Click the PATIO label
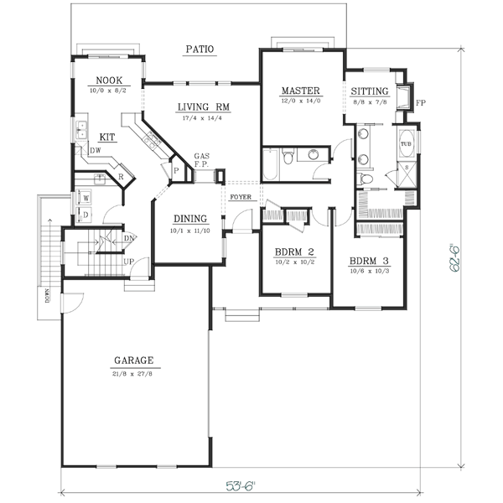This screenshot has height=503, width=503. click(x=200, y=50)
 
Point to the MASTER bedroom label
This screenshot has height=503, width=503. click(x=298, y=91)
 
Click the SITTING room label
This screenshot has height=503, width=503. click(x=368, y=91)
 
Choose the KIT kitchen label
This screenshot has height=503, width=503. click(x=107, y=137)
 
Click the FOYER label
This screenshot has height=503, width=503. click(x=241, y=197)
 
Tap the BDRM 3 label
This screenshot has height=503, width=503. click(x=370, y=260)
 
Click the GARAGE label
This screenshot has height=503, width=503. click(x=134, y=361)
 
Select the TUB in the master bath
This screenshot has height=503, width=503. click(x=406, y=144)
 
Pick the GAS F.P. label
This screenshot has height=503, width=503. click(x=202, y=160)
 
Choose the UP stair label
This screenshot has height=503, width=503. click(x=129, y=262)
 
